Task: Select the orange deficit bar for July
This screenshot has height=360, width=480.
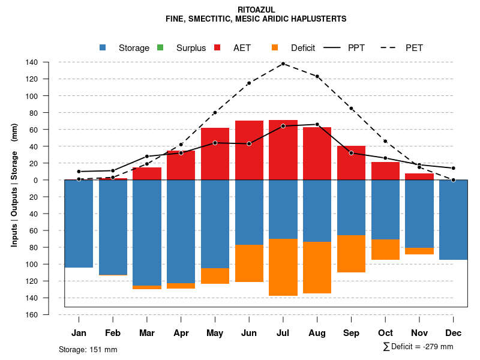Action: [283, 267]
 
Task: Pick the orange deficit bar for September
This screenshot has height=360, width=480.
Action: [351, 254]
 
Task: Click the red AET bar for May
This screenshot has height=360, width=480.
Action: [215, 154]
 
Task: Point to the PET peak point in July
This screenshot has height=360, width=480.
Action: [283, 64]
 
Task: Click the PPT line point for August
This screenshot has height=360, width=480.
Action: [317, 124]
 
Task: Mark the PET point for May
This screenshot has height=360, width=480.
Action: [215, 113]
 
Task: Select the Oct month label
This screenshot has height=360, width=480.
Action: [385, 333]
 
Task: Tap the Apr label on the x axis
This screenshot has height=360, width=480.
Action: [181, 333]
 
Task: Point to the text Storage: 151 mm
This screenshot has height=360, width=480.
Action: [88, 349]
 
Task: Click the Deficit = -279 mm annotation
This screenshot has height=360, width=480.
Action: [418, 347]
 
